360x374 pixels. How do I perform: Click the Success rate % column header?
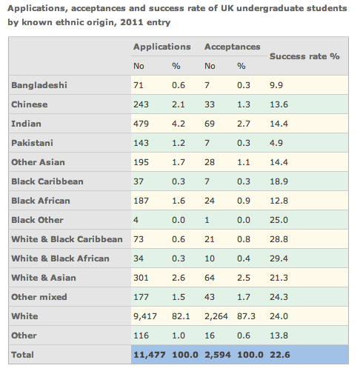pos(304,56)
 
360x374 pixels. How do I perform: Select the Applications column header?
pos(162,47)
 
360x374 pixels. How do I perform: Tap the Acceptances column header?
pos(233,47)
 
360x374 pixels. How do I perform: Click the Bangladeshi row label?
pos(39,85)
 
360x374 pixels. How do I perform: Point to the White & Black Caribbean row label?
pos(67,239)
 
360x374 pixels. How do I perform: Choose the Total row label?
pos(22,355)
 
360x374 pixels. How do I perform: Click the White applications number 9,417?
pos(145,316)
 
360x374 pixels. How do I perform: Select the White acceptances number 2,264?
pos(216,316)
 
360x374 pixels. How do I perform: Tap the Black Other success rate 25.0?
pos(279,220)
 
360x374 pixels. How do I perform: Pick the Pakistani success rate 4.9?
pos(276,143)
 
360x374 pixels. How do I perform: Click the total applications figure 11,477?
pos(150,355)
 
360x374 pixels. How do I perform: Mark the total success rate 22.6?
pos(280,355)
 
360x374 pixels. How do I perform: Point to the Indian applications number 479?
pos(141,124)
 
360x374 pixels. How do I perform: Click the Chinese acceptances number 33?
pos(210,104)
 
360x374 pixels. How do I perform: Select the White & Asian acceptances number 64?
pos(210,278)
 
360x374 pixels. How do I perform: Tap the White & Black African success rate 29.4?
pos(279,258)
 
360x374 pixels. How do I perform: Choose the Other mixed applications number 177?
pos(141,297)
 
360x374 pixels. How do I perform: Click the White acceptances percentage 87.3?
pos(246,316)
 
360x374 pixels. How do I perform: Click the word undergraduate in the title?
pos(270,9)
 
